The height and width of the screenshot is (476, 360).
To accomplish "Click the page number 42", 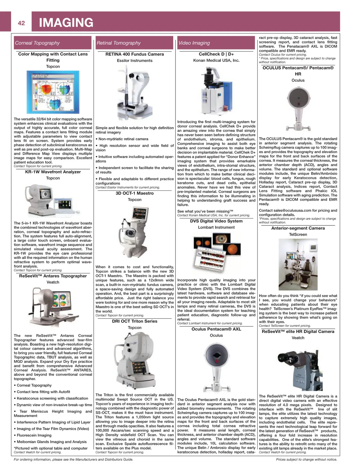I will pos(21,23).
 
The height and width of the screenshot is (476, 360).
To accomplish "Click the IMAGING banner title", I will pos(66,23).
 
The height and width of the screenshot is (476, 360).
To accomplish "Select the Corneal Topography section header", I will pos(37,43).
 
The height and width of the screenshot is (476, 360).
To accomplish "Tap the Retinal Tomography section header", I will pos(118,43).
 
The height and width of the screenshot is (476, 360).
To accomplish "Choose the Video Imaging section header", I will pos(194,43).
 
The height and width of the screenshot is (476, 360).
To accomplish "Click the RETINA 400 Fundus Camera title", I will pos(135,54).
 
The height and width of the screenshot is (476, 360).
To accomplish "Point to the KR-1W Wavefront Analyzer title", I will pos(53,172).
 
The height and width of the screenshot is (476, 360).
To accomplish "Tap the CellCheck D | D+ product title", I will pos(216,54).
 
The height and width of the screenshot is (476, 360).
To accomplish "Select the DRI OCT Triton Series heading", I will pos(135,321).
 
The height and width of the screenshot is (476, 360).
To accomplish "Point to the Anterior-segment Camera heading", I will pos(298,228).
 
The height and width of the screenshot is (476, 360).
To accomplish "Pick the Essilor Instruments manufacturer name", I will pos(135,61).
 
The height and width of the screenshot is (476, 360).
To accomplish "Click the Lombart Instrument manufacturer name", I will pos(216,227).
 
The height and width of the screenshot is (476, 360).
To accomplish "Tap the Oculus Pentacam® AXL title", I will pos(216,329).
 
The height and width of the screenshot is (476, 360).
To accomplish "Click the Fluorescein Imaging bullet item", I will pos(34,435).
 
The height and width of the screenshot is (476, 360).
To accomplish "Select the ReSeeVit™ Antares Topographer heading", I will pos(53,276).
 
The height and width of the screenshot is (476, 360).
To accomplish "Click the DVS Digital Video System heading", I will pos(216,221).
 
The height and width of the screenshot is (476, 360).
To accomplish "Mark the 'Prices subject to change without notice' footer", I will pos(306,459).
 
